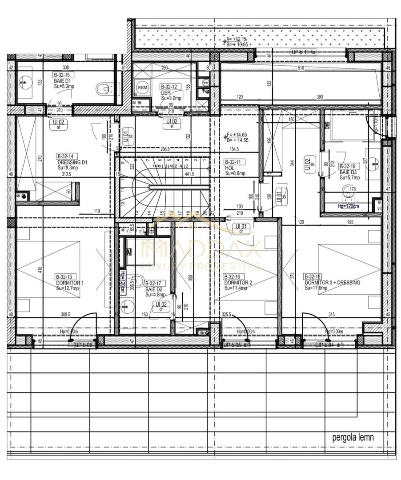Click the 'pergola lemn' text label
coord(353,437)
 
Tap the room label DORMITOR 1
coord(70,283)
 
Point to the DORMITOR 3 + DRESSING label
coord(332,283)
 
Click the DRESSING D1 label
coord(72,162)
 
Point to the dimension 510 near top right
coord(301,68)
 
